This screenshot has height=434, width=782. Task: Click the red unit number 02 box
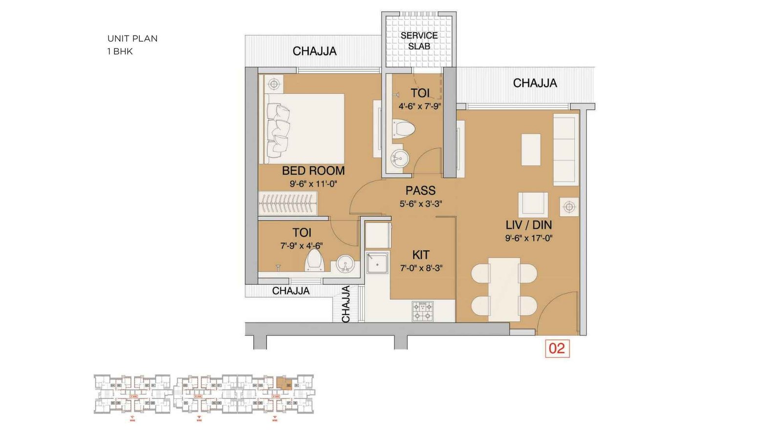(x=557, y=348)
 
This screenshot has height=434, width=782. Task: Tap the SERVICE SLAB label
(x=419, y=41)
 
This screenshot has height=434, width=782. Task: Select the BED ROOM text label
(x=313, y=171)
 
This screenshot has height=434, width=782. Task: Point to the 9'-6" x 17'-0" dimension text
(x=528, y=238)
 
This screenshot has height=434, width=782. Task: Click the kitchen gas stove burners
(x=422, y=311)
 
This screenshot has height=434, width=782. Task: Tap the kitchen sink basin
(x=377, y=264)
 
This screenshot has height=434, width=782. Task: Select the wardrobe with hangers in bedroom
(x=288, y=203)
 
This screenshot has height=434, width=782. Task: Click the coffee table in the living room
(x=531, y=149)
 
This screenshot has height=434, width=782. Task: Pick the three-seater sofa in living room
(x=565, y=149)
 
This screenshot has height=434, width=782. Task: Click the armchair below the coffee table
(x=533, y=205)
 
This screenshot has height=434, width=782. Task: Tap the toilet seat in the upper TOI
(x=404, y=130)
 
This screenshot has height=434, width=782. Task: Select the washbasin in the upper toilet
(x=400, y=158)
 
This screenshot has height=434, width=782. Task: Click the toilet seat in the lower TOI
(x=314, y=261)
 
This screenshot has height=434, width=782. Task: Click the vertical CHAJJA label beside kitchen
(x=346, y=304)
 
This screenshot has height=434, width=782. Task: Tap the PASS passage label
(x=420, y=190)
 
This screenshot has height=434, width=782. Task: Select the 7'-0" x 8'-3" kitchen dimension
(x=421, y=268)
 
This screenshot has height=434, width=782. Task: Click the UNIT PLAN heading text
(x=132, y=39)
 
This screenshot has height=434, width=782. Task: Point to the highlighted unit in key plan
(x=282, y=382)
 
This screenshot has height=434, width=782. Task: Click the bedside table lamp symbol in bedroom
(x=274, y=84)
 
